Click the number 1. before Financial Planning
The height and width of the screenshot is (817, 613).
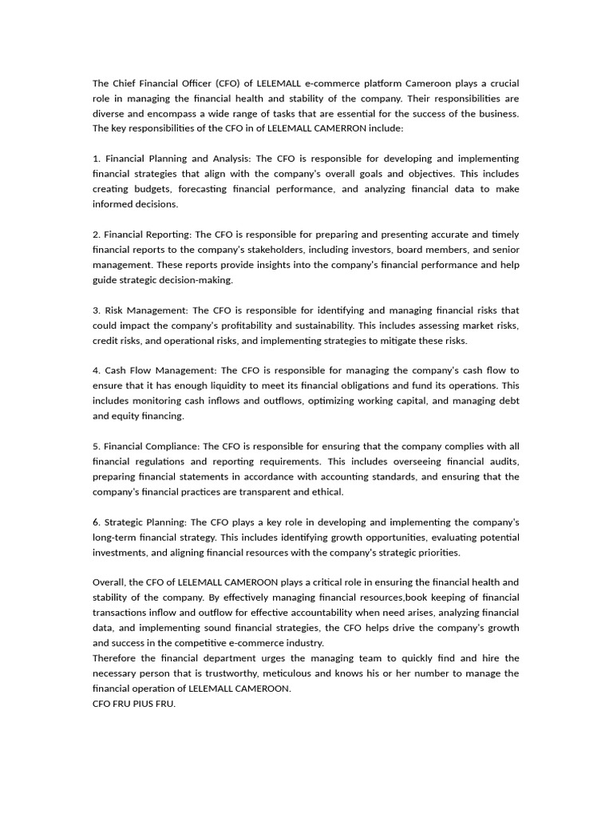coord(97,159)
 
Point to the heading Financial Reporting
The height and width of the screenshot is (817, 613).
coord(148,235)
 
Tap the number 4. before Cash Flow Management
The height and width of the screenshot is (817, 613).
coord(97,370)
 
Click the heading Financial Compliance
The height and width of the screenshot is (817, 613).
coord(152,446)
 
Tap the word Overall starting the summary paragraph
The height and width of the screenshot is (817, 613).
coord(108,582)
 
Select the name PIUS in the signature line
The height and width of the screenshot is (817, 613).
coord(143,704)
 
